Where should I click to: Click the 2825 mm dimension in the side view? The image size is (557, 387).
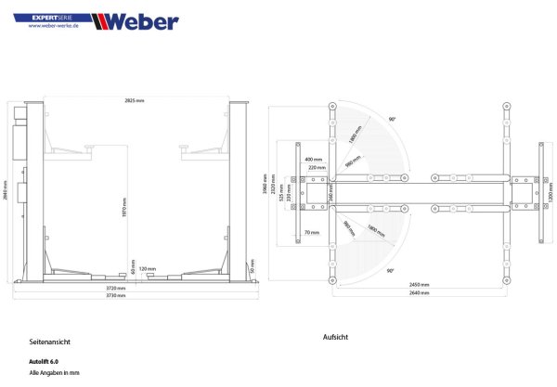click(136, 99)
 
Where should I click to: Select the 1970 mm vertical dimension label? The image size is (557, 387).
click(124, 211)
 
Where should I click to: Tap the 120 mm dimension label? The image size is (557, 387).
click(147, 268)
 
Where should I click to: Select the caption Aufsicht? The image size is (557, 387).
click(334, 337)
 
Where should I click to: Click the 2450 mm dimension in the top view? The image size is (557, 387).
click(420, 285)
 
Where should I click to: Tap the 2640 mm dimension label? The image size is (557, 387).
click(420, 292)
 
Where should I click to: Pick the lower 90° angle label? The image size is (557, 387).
click(391, 271)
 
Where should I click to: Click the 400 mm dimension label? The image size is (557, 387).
click(312, 159)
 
